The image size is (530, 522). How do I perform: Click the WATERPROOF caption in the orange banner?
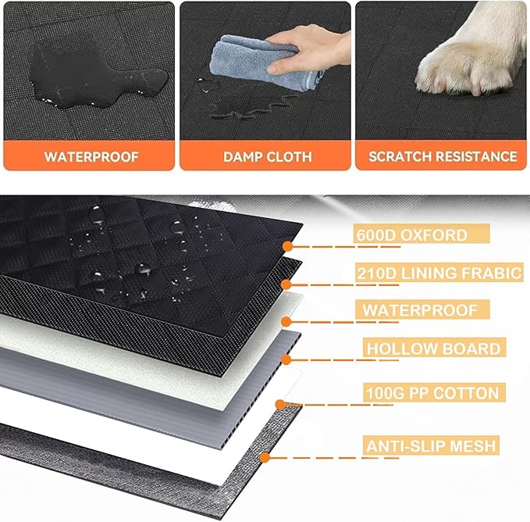point(91,156)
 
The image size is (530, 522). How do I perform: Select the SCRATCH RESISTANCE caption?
point(443,156)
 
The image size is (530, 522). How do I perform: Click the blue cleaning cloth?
point(288,63)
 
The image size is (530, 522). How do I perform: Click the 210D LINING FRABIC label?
point(439,273)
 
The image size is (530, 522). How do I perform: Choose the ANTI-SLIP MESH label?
point(430,446)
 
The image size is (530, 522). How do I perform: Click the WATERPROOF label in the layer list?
point(419,310)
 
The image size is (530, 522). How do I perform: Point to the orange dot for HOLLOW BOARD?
point(286,359)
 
